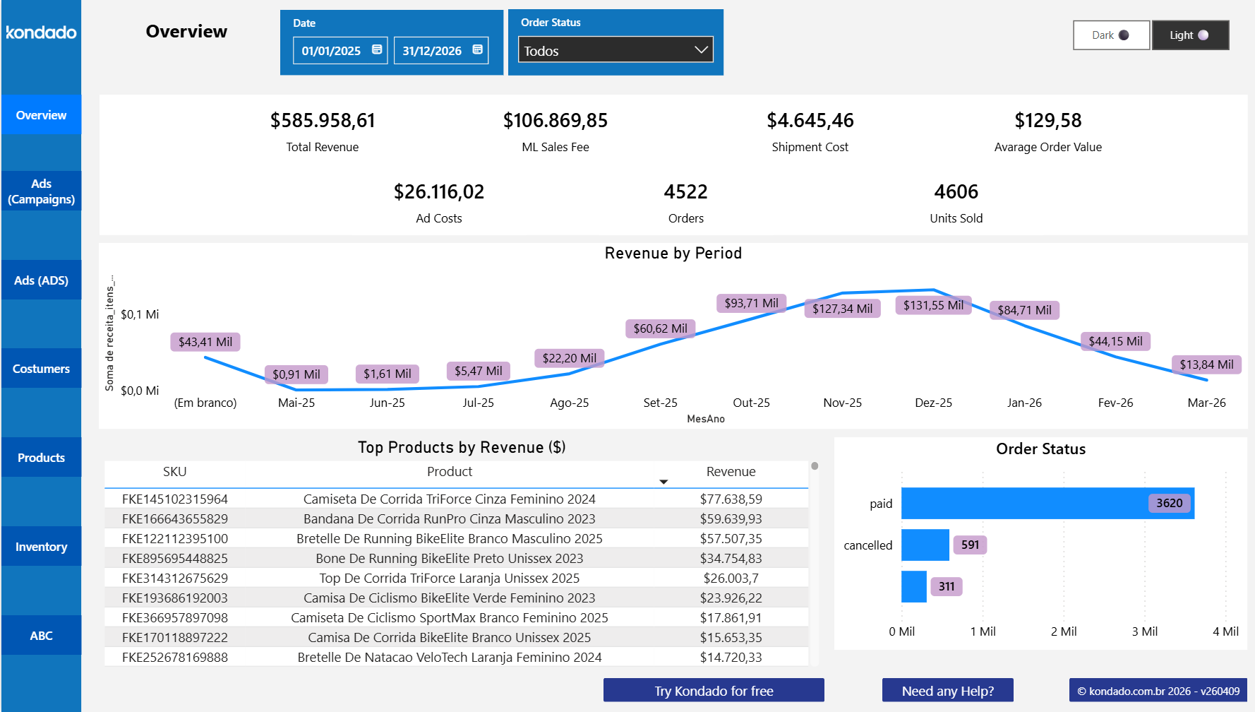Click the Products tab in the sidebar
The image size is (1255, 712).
click(x=41, y=458)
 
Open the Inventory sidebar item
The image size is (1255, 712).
click(x=41, y=547)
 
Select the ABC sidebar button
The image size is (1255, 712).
click(x=41, y=636)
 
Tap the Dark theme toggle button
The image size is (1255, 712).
click(x=1111, y=35)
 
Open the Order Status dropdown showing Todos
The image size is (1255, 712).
click(x=616, y=50)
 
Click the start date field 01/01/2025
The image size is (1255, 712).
click(x=331, y=51)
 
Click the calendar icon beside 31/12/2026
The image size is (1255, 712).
click(x=478, y=49)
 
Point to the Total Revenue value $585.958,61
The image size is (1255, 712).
click(x=323, y=121)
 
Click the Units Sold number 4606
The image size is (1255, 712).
click(x=956, y=192)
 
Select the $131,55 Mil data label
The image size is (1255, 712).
click(x=933, y=305)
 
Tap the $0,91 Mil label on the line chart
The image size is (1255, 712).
click(x=296, y=374)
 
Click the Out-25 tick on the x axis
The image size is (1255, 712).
click(x=751, y=403)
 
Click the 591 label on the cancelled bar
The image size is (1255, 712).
click(x=970, y=545)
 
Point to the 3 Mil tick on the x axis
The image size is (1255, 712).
click(x=1144, y=631)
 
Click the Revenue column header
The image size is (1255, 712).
click(x=731, y=472)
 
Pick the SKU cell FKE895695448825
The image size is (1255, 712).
click(x=175, y=558)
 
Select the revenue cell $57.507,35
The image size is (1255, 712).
click(x=731, y=538)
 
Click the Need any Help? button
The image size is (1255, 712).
click(x=947, y=691)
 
